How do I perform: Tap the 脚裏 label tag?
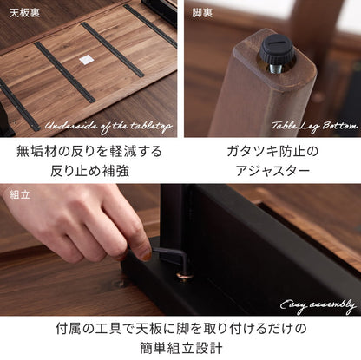point(202,13)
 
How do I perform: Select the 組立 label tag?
point(18,195)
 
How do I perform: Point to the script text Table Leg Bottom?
point(313,126)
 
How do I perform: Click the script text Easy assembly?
point(317,304)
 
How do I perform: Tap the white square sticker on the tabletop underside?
point(86,59)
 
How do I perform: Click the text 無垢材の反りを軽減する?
point(89,151)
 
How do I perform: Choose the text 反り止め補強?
point(89,171)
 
